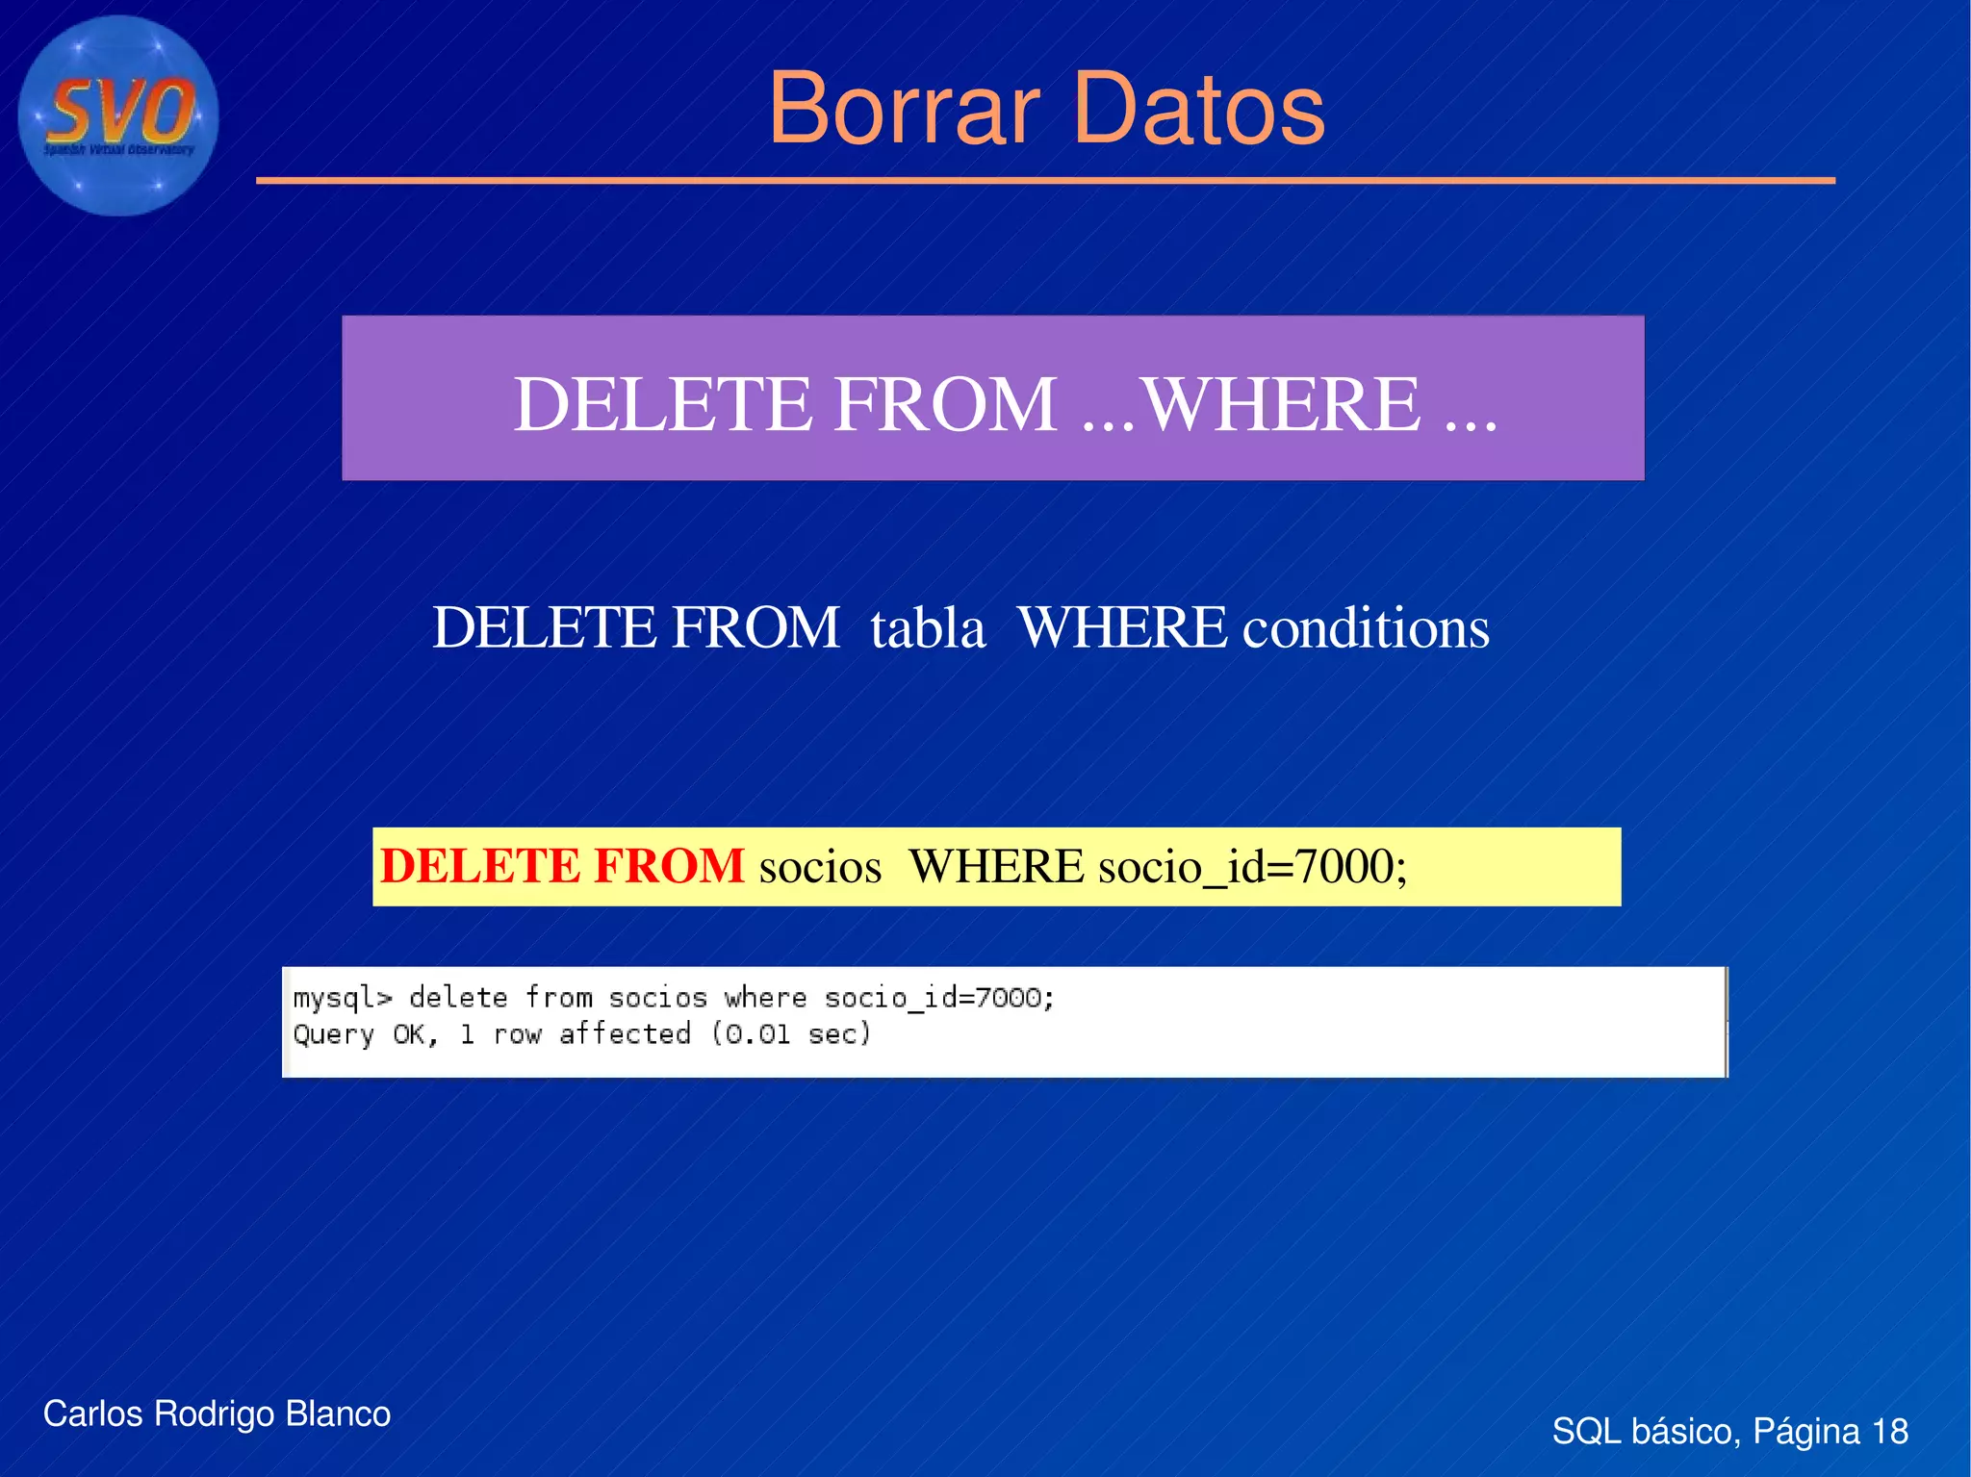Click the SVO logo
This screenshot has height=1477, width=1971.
pos(118,115)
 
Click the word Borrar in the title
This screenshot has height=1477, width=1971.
pos(904,110)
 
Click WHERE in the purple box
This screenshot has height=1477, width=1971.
pos(1281,404)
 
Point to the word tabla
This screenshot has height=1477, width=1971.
pos(928,628)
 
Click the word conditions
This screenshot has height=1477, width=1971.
pos(1366,628)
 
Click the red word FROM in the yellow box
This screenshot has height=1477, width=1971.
pos(669,866)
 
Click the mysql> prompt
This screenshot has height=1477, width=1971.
pos(343,999)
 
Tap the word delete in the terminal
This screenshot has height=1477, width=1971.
pos(458,998)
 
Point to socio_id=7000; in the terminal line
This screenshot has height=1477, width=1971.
pos(939,999)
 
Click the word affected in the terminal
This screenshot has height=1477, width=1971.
pos(625,1034)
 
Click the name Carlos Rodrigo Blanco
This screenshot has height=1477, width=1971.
pos(217,1414)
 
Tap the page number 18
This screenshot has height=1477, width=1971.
pos(1889,1432)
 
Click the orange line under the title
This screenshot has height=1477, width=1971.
pos(1045,180)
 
